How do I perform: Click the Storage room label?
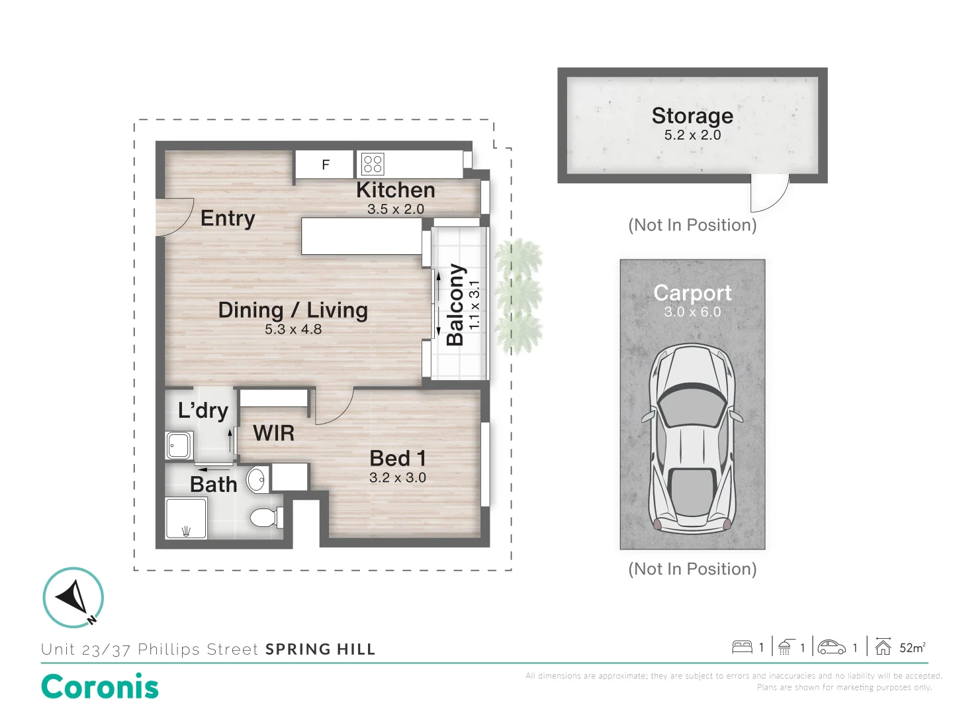pos(692,115)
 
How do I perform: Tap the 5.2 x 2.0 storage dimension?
pos(692,135)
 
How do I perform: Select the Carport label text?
pos(692,293)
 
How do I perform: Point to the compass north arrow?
pos(73,596)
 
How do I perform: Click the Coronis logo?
pos(100,687)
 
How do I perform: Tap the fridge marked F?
pos(325,165)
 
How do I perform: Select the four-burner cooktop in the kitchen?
pos(373,164)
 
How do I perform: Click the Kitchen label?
pos(395,190)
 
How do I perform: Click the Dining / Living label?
pos(293,310)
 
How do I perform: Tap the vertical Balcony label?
pos(455,305)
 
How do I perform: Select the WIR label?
pos(273,433)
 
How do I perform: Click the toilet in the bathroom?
pos(265,517)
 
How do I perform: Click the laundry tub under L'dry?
pos(179,445)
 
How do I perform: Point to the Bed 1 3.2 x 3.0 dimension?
pos(397,477)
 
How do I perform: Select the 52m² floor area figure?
pos(911,647)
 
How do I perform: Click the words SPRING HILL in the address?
pos(320,649)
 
